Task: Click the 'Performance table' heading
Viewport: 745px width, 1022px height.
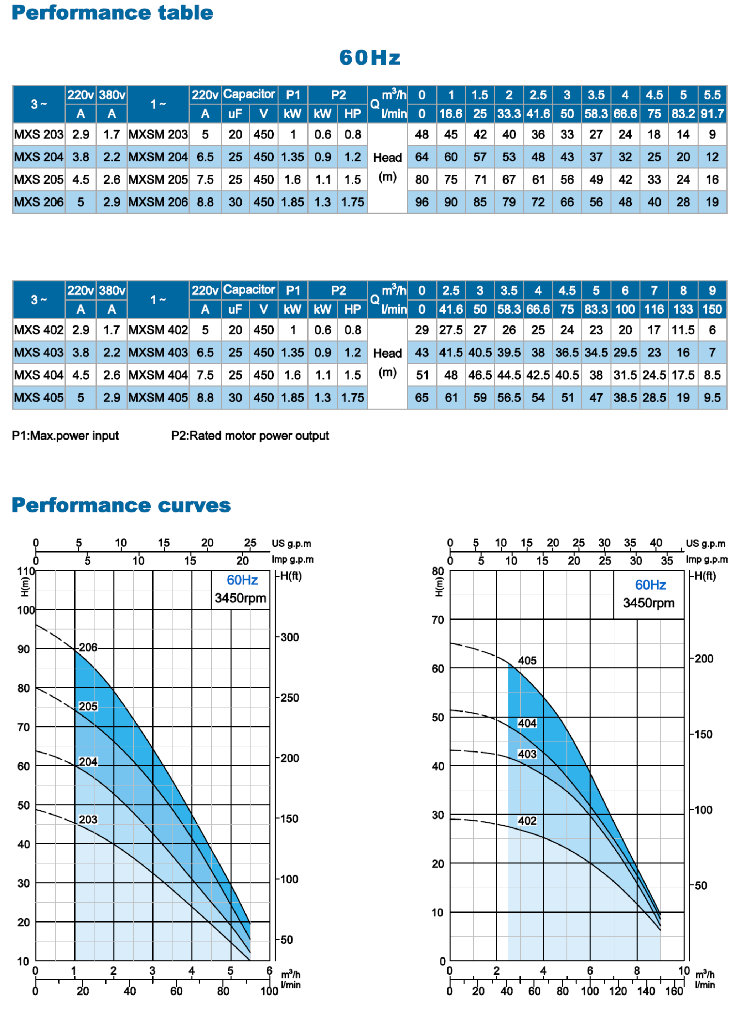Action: click(x=112, y=12)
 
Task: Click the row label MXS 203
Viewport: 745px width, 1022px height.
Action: click(x=39, y=134)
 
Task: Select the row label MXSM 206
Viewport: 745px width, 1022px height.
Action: click(x=158, y=202)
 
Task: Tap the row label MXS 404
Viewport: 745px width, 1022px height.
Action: click(x=39, y=375)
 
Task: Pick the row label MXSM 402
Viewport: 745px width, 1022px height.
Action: click(x=158, y=330)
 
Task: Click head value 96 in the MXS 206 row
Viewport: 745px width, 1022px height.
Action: click(x=421, y=202)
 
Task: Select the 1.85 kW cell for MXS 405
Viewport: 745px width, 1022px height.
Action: click(x=293, y=397)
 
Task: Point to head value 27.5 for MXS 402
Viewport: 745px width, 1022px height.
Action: click(x=451, y=330)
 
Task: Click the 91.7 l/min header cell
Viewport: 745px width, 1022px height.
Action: click(x=712, y=114)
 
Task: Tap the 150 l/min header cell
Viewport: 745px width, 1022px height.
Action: click(x=712, y=309)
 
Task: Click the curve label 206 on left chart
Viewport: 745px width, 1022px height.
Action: click(x=88, y=647)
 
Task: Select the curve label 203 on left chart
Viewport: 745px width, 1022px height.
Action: click(x=88, y=820)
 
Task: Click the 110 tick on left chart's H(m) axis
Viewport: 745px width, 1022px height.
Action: click(x=26, y=571)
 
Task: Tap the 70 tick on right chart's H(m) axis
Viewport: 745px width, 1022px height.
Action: click(x=438, y=620)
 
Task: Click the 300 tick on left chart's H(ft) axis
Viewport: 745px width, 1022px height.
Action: click(x=290, y=637)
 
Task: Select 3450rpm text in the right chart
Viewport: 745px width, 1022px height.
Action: click(x=648, y=603)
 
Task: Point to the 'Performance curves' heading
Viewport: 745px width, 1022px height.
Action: click(x=121, y=505)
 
